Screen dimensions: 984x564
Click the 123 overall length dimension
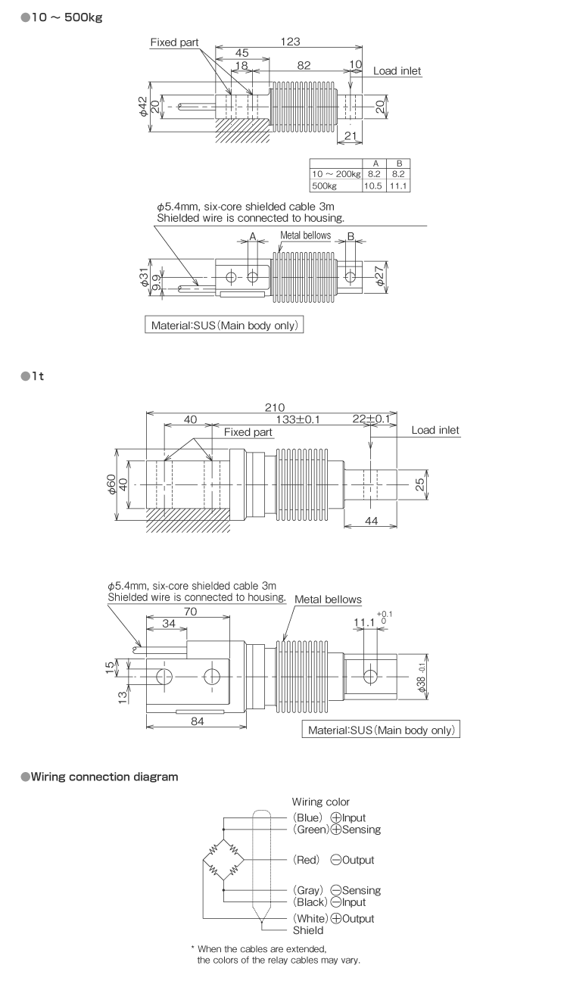(289, 42)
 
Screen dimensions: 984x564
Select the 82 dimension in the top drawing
(304, 66)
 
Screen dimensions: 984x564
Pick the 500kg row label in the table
(324, 185)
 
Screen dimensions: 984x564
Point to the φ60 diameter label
(111, 484)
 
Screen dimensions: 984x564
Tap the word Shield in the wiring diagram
(308, 930)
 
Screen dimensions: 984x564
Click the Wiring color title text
(321, 802)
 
